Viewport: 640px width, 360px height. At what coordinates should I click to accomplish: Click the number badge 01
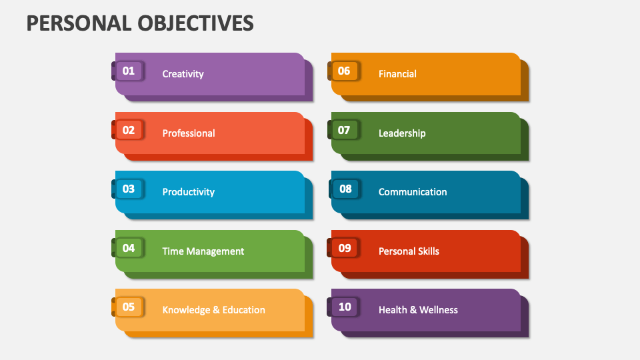click(x=129, y=71)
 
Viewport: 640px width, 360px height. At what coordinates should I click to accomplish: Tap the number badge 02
click(x=129, y=130)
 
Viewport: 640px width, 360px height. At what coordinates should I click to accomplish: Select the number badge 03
click(x=129, y=189)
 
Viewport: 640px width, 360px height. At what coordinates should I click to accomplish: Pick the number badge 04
click(x=129, y=248)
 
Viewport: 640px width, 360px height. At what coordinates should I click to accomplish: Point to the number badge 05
click(x=129, y=307)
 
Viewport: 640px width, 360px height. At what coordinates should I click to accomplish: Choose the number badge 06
click(x=344, y=71)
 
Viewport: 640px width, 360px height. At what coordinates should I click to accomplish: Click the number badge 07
click(x=344, y=130)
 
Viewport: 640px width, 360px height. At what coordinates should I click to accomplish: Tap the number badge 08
click(x=345, y=189)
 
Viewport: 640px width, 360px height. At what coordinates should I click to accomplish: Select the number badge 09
click(x=345, y=248)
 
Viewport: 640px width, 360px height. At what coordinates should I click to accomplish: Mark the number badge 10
click(x=345, y=307)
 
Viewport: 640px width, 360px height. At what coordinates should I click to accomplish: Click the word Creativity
click(x=183, y=74)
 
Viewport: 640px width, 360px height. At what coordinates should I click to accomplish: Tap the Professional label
click(x=189, y=133)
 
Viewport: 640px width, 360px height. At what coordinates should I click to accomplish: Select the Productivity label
click(x=189, y=192)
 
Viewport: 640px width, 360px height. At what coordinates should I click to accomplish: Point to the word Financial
click(x=397, y=74)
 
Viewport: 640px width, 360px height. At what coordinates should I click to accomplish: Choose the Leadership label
click(x=402, y=133)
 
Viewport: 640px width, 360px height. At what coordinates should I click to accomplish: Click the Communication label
click(x=413, y=192)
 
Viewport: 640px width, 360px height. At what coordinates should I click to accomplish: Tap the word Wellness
click(x=438, y=310)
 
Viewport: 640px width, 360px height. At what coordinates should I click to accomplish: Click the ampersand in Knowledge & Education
click(x=216, y=310)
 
